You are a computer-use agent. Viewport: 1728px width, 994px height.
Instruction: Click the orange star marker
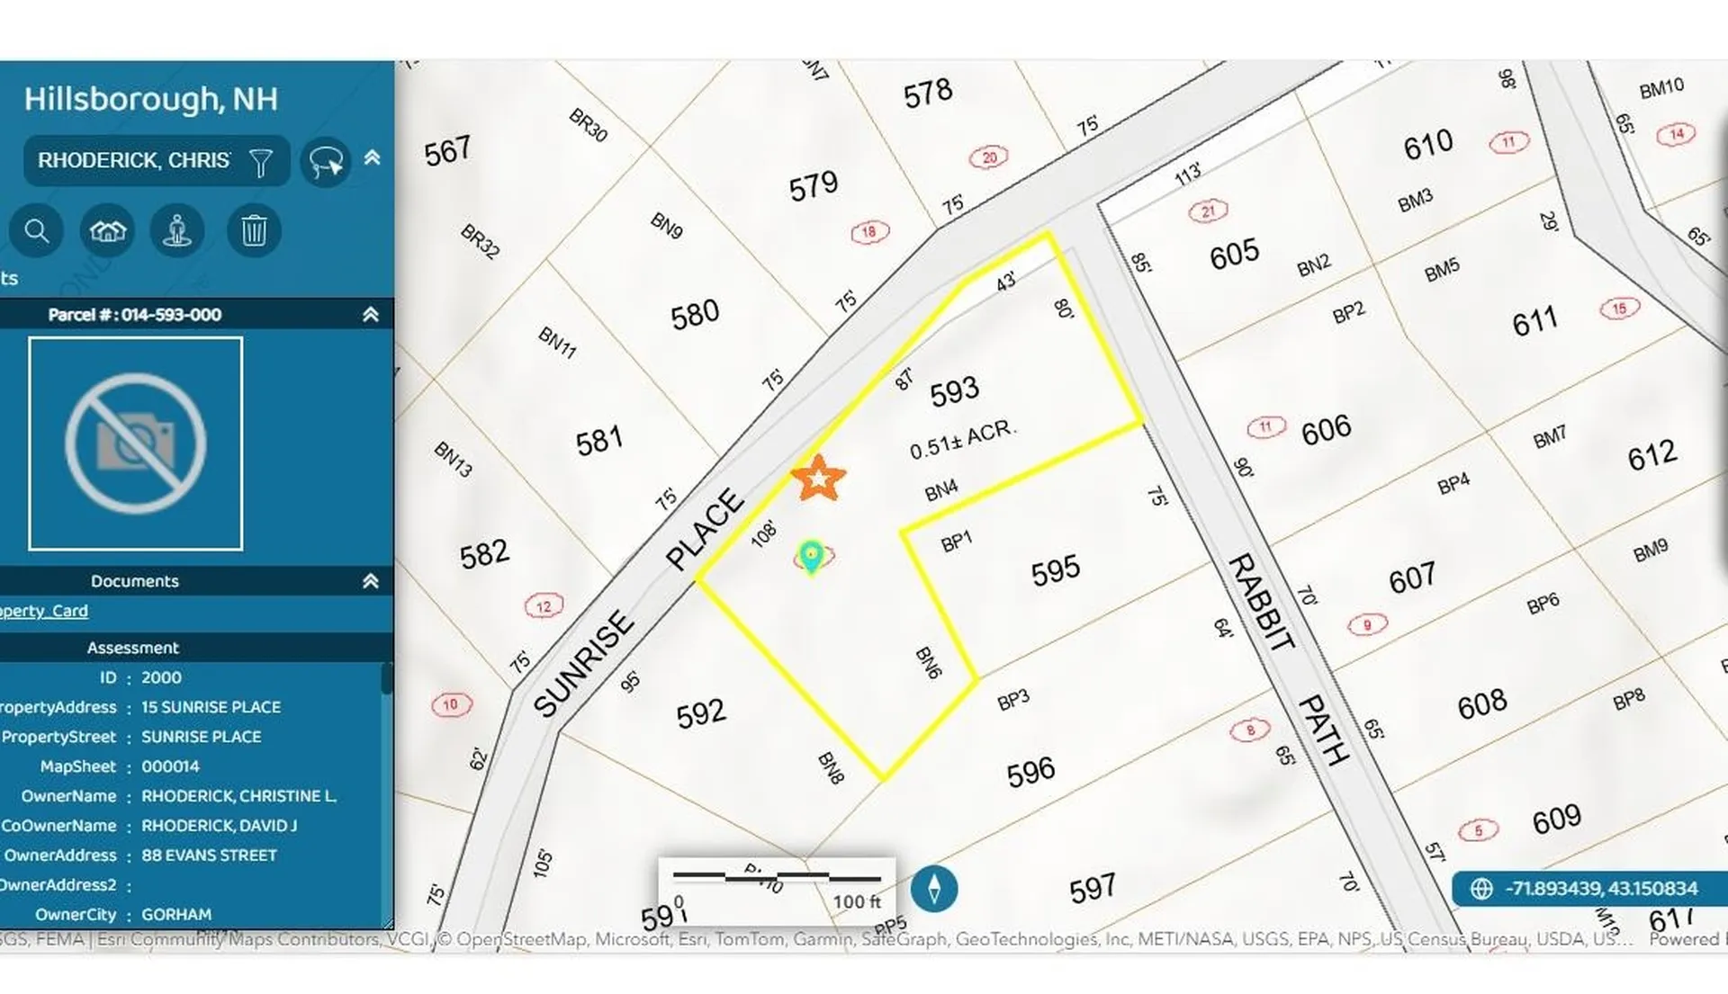818,478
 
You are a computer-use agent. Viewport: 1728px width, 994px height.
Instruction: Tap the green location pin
811,556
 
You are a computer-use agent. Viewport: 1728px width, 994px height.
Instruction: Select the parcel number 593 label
954,390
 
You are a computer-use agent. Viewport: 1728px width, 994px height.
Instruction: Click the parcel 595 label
1055,569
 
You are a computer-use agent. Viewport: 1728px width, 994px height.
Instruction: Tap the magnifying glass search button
36,231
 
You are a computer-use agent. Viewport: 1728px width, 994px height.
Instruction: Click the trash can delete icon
254,231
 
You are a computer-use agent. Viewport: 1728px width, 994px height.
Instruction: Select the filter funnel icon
260,162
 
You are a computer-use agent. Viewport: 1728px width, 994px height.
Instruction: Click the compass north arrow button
934,889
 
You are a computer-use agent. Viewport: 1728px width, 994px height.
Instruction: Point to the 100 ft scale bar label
856,901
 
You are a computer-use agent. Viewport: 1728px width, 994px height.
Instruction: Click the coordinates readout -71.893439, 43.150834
1600,889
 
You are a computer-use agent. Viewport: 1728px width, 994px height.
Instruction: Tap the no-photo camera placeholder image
136,443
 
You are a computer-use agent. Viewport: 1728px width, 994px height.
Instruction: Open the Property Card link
44,611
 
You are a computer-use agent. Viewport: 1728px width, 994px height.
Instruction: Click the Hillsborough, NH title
150,99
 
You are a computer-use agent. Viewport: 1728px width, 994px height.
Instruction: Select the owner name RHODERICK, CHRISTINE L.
238,796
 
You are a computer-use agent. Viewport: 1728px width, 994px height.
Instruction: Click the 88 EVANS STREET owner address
209,855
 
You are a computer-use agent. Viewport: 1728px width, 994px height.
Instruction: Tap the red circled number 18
869,232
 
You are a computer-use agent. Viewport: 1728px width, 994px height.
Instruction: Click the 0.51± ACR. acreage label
962,439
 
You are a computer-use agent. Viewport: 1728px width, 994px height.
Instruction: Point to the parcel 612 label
1652,455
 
